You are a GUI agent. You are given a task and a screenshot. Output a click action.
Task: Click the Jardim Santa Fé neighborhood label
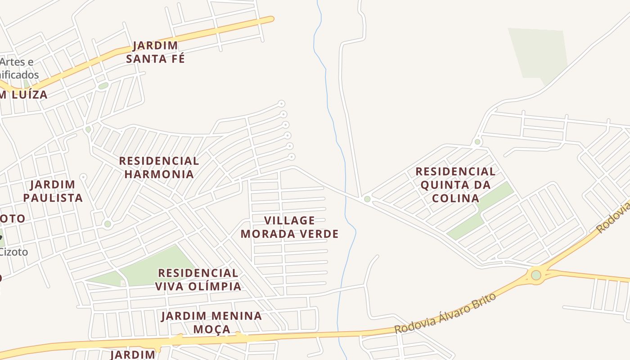(155, 52)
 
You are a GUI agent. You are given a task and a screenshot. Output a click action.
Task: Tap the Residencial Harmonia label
(159, 167)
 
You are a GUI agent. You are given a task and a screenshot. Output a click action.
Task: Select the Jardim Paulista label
(53, 191)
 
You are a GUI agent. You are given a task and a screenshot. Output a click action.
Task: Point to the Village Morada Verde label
(289, 227)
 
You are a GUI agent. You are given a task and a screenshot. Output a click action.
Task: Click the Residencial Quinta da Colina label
(455, 184)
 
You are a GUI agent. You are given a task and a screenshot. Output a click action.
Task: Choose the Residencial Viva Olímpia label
(198, 279)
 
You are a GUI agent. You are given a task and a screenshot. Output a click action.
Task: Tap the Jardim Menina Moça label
(211, 322)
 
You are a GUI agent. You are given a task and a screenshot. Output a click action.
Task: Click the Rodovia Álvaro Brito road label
(445, 313)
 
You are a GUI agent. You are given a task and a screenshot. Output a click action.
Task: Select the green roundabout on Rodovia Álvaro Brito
(535, 275)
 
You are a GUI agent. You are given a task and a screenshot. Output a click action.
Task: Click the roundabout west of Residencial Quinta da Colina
(367, 199)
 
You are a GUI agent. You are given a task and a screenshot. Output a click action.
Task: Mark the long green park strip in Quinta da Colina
(481, 211)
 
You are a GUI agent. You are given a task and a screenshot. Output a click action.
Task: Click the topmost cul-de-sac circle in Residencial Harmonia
(282, 104)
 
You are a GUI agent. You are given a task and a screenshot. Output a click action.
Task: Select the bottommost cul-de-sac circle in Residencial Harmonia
(292, 157)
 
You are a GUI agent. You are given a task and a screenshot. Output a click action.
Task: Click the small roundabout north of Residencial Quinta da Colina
(477, 142)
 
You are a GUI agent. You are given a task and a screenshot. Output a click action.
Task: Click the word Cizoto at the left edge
(13, 252)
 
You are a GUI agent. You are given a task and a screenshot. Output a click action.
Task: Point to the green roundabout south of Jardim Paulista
(108, 224)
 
